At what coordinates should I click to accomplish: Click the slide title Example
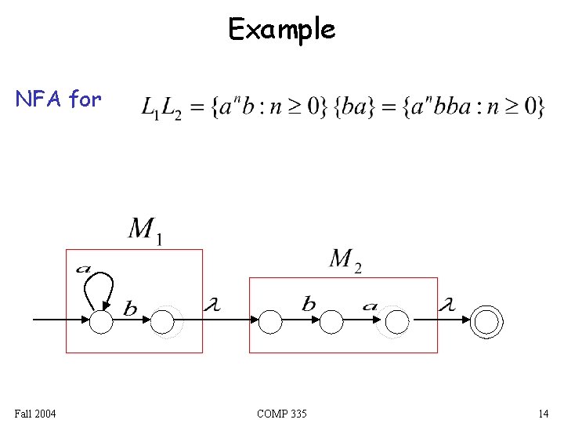click(281, 30)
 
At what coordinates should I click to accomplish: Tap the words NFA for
click(59, 99)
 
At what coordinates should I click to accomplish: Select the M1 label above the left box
click(145, 230)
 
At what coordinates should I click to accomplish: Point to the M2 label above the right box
click(345, 259)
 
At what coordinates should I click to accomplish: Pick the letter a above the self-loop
click(83, 269)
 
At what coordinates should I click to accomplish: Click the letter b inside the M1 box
click(130, 309)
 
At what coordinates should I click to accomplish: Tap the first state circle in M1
click(101, 321)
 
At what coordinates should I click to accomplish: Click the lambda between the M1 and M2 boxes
click(211, 305)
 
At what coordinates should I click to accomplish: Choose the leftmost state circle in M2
click(270, 321)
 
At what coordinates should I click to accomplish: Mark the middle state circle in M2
click(332, 321)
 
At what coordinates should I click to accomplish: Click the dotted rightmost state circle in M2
click(397, 321)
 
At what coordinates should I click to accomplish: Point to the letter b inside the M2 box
click(309, 305)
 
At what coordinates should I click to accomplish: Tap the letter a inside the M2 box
click(369, 306)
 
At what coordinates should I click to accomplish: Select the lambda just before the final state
click(446, 305)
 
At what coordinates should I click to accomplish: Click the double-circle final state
click(486, 321)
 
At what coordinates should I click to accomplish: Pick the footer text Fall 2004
click(34, 413)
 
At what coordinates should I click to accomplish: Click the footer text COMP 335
click(281, 413)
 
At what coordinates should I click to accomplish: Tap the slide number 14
click(543, 413)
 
